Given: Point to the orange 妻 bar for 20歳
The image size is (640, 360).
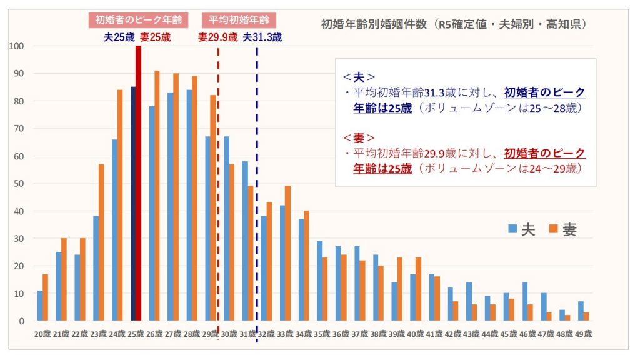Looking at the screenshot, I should coord(45,297).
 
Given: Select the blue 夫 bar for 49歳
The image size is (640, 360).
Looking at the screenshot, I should coord(581,311).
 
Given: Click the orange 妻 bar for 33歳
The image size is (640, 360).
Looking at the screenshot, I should coord(287,253).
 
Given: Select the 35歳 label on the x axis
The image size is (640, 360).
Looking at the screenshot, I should coord(322,334).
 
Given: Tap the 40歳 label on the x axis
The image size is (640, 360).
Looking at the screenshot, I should coord(416,334).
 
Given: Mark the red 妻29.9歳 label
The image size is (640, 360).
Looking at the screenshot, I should coord(217,37).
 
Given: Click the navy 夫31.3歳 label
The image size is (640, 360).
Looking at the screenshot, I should coord(262,37).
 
